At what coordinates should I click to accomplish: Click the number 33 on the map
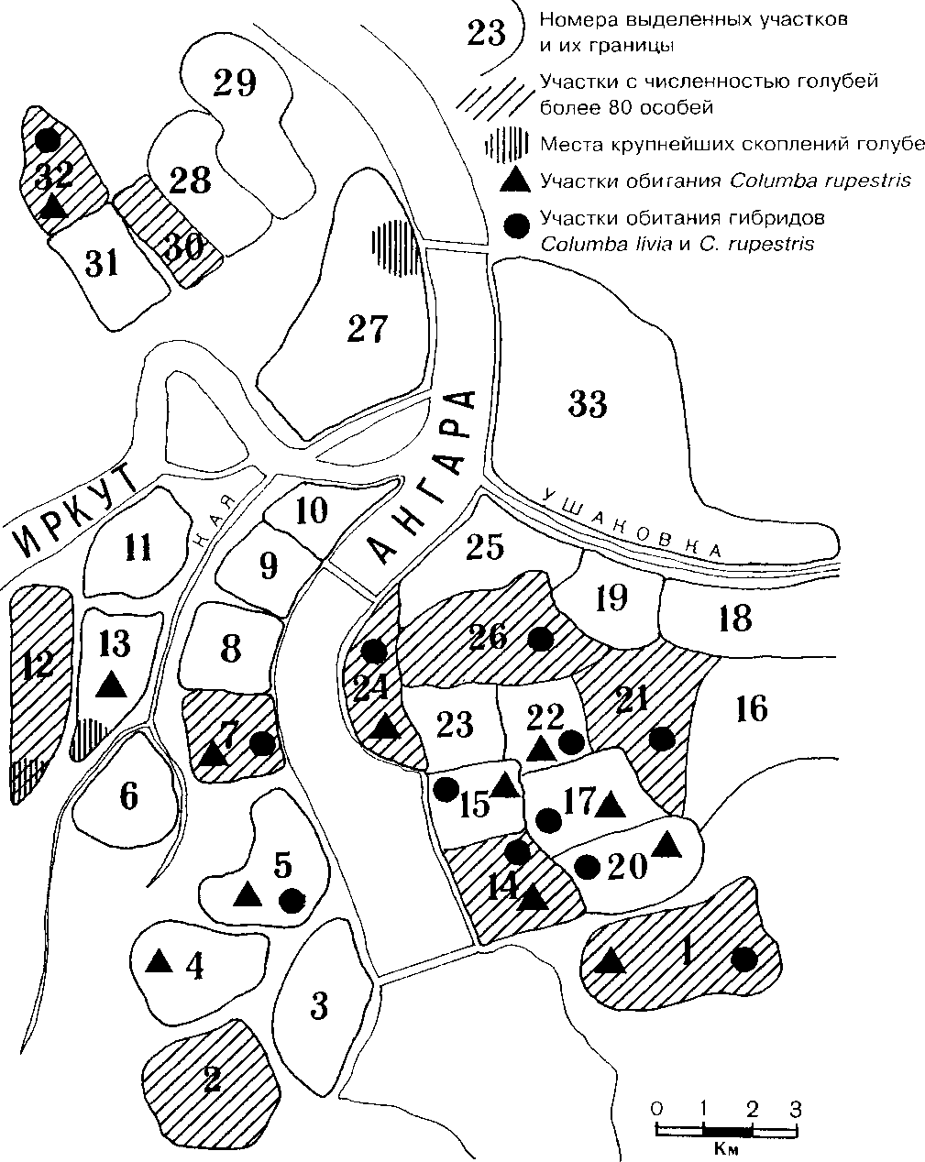point(588,403)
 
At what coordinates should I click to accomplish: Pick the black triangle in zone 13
point(111,683)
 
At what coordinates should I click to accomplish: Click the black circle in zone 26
point(541,637)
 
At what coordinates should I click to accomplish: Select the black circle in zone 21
point(660,737)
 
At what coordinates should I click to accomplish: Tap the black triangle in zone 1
point(610,960)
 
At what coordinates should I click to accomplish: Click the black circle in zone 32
point(48,140)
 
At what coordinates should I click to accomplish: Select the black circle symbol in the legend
point(518,226)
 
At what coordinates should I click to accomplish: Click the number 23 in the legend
point(485,35)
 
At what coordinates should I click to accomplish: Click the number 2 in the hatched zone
point(212,1080)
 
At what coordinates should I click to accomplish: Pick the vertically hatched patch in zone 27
point(394,243)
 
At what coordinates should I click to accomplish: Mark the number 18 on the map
point(735,619)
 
